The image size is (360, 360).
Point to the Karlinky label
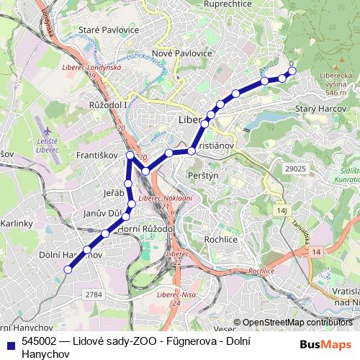[x=16, y=223]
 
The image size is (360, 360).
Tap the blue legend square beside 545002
[x=9, y=342]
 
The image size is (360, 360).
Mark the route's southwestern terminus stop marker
[x=68, y=269]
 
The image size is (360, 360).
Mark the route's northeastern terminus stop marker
[x=292, y=70]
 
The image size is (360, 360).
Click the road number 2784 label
[x=93, y=294]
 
